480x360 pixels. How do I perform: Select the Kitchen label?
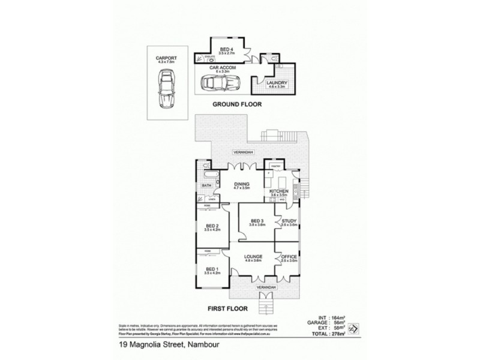click(280, 192)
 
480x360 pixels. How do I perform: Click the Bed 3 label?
click(257, 221)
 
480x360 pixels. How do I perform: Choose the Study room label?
click(290, 221)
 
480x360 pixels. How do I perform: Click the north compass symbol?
click(353, 329)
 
